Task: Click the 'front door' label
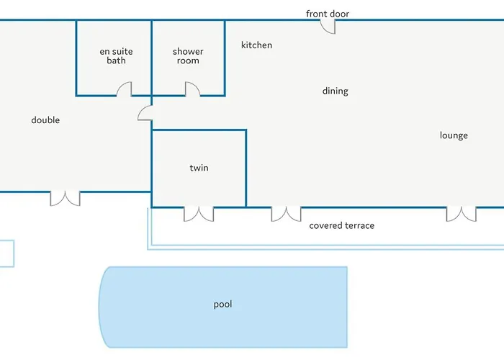click(x=328, y=14)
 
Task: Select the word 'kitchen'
click(x=256, y=45)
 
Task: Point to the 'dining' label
click(x=336, y=91)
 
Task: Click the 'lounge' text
click(x=454, y=135)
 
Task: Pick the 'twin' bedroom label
click(x=199, y=168)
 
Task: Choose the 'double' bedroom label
click(x=45, y=120)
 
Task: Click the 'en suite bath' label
click(x=116, y=56)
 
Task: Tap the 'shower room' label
click(x=188, y=56)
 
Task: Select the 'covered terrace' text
click(x=342, y=225)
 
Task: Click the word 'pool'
click(x=222, y=304)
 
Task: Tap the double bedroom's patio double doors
click(x=65, y=199)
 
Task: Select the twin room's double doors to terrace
click(x=199, y=214)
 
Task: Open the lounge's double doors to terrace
click(x=462, y=214)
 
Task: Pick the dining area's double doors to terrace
click(x=286, y=214)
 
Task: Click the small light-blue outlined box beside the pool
click(x=14, y=253)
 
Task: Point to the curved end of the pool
click(x=99, y=307)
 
